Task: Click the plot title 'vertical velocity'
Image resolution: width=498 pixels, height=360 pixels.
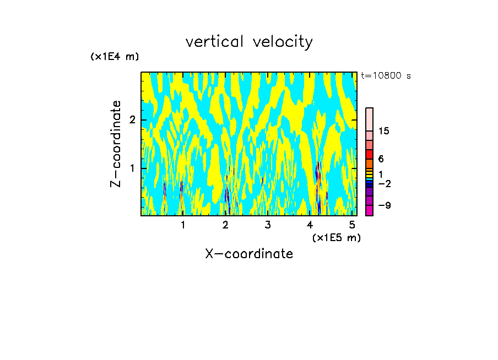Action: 249,42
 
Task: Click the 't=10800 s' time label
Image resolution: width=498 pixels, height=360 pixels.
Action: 386,76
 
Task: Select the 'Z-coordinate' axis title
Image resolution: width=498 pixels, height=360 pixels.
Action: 116,144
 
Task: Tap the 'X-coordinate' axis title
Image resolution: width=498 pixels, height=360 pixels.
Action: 249,254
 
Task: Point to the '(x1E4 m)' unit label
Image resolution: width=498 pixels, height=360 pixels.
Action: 115,57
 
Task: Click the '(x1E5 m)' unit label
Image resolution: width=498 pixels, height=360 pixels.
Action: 336,237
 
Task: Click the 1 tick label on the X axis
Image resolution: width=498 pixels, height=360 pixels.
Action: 183,225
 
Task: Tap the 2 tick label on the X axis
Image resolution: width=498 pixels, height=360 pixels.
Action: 225,225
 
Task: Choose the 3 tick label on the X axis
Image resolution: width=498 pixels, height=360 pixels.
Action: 268,225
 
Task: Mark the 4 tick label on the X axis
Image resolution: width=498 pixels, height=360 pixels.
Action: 310,225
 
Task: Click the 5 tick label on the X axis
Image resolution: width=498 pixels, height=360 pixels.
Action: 353,225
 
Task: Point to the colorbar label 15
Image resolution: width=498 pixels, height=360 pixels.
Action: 384,131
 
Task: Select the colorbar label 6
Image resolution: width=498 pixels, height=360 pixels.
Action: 381,159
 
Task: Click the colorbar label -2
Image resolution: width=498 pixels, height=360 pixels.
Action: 384,183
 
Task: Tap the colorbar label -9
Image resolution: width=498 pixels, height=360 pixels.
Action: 384,205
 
